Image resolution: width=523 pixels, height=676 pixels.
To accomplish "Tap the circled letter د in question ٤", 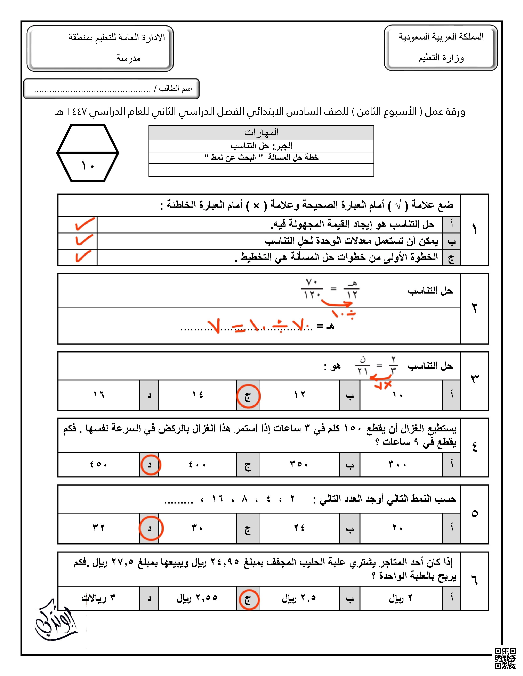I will (150, 465).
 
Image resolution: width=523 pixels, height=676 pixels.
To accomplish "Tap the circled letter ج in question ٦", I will (248, 600).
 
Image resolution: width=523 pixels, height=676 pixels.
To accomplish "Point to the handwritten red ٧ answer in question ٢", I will (214, 326).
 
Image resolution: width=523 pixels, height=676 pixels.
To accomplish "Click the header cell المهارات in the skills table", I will (261, 133).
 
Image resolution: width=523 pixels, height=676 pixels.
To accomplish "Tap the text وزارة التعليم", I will (441, 58).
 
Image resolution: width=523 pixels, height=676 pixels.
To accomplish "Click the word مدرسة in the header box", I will (128, 58).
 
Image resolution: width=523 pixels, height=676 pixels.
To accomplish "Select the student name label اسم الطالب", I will (175, 89).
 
